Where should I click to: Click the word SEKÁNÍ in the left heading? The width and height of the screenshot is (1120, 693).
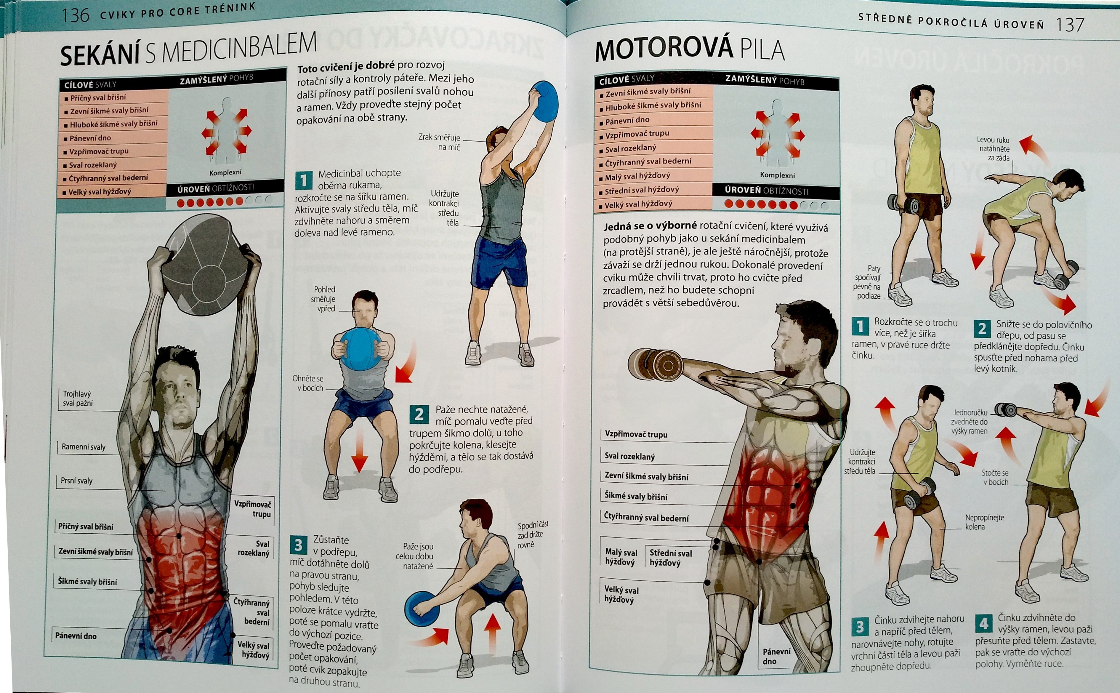(x=100, y=55)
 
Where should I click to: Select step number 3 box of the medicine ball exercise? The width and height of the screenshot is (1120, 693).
(x=298, y=545)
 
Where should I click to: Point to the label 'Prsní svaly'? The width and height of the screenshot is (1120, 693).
(x=76, y=481)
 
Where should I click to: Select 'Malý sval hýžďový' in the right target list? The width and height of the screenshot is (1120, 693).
(x=637, y=175)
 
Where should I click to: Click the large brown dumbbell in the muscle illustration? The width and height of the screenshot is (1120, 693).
(x=656, y=364)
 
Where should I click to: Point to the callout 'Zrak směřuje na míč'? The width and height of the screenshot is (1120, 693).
(x=440, y=142)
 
